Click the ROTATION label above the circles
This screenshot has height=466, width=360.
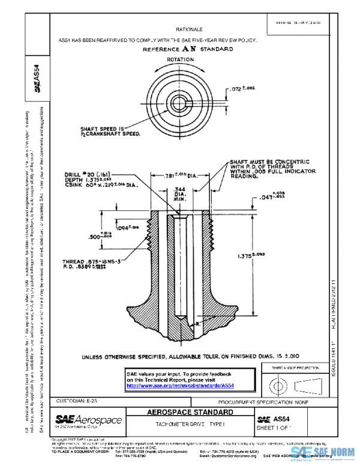tap(180, 60)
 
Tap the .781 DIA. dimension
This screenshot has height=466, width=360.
tap(180, 176)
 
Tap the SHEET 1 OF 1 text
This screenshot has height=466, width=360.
tap(274, 428)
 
